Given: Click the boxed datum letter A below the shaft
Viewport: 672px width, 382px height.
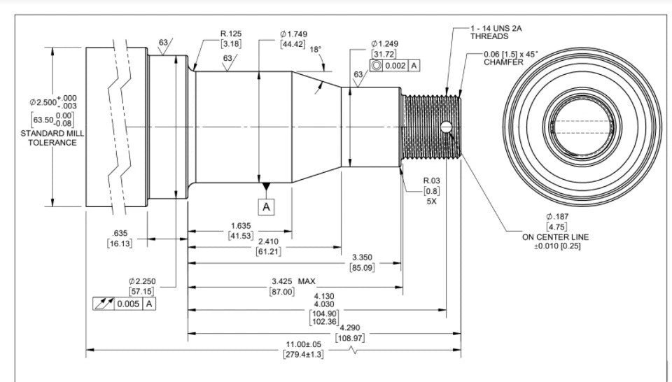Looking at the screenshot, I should coord(267,206).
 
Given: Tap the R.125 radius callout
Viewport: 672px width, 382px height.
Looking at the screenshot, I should coord(231,34).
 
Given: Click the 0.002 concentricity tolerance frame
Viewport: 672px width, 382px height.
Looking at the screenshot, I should coord(395,65).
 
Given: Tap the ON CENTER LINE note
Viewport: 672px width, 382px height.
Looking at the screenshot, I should coord(556,236).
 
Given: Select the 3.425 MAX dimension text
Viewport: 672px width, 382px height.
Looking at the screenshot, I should coord(293,281).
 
